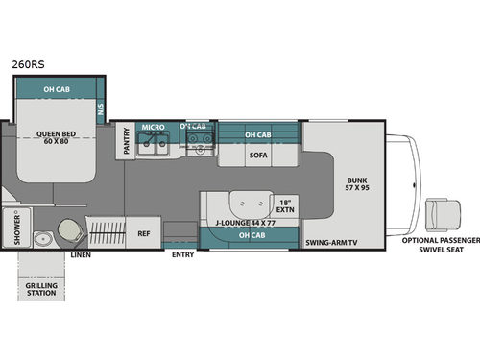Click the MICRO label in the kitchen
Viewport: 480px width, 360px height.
153,127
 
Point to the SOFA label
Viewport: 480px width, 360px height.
257,155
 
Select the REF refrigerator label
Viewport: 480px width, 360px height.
144,233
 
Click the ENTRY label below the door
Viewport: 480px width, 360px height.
182,254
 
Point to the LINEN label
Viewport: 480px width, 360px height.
81,254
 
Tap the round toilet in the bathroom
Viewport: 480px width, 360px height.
69,231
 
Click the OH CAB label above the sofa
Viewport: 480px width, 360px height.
257,134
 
